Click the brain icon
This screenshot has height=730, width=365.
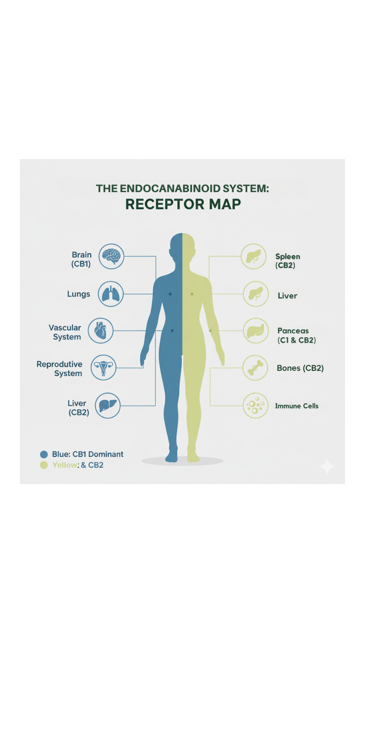pyautogui.click(x=111, y=256)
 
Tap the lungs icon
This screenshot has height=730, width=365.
pyautogui.click(x=111, y=294)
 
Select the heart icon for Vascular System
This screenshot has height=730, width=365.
pyautogui.click(x=100, y=331)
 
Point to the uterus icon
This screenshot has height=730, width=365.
pyautogui.click(x=103, y=368)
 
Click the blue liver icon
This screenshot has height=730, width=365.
pyautogui.click(x=108, y=406)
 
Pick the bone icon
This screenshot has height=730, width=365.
pyautogui.click(x=255, y=368)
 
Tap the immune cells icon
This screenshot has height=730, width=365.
pyautogui.click(x=255, y=406)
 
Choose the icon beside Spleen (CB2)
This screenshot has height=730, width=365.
pyautogui.click(x=254, y=256)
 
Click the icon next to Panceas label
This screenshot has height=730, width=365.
pyautogui.click(x=255, y=331)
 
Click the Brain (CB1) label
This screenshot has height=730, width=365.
pyautogui.click(x=81, y=259)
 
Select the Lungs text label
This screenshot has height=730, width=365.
pyautogui.click(x=78, y=294)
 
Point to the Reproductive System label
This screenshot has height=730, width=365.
pyautogui.click(x=60, y=369)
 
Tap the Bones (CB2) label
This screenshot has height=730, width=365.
pyautogui.click(x=300, y=368)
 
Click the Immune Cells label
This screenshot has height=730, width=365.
pyautogui.click(x=296, y=406)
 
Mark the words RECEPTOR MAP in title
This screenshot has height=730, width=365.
pyautogui.click(x=183, y=204)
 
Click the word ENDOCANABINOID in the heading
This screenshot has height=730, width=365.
pyautogui.click(x=170, y=188)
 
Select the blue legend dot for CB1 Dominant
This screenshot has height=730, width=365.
pyautogui.click(x=44, y=454)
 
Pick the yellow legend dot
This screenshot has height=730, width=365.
pyautogui.click(x=44, y=465)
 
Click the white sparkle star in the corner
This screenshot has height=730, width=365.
pyautogui.click(x=327, y=466)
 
